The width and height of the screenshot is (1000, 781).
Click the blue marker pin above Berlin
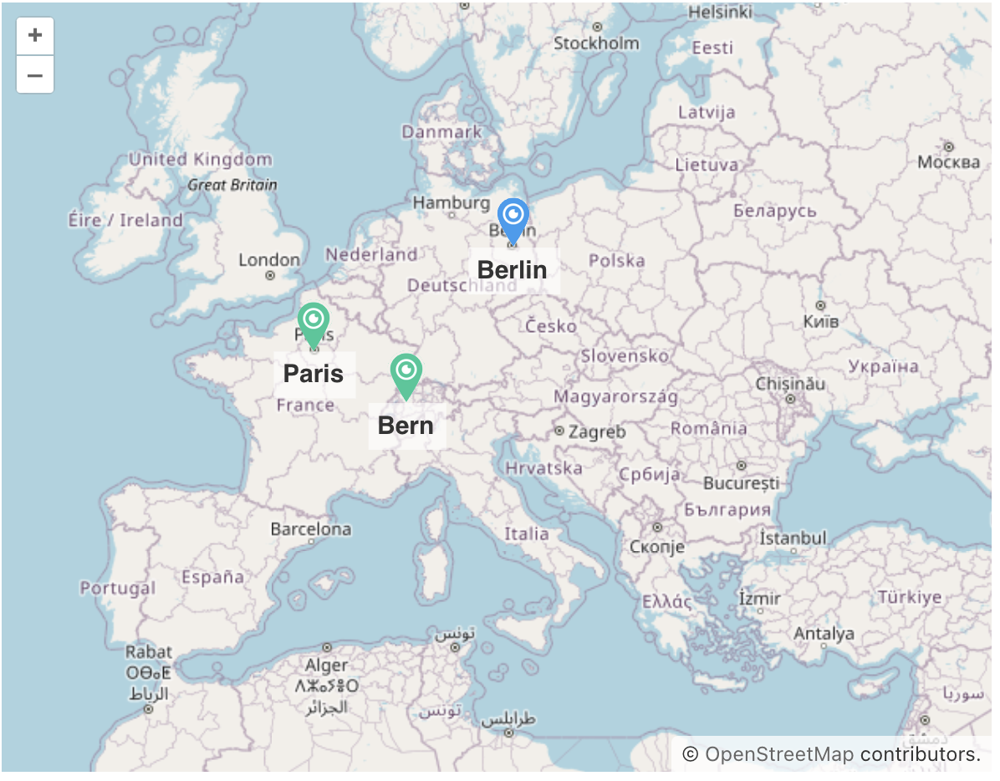[513, 217]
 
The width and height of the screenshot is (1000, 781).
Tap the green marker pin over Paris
[314, 321]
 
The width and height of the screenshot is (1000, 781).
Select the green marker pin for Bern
[406, 372]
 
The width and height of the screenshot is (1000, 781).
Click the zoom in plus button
[35, 36]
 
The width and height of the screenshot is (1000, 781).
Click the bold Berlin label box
[513, 270]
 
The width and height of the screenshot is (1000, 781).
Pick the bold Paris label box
[314, 374]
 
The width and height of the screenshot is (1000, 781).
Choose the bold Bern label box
[406, 426]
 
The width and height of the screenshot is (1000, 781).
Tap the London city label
[268, 260]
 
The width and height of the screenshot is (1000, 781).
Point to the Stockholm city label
[596, 43]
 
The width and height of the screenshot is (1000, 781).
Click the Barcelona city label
[311, 529]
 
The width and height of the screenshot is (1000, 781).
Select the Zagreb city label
[596, 432]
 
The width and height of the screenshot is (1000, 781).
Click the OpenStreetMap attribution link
[779, 754]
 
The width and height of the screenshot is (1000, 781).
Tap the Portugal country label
[118, 588]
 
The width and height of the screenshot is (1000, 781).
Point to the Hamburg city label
[451, 202]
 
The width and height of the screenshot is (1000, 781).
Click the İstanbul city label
[793, 539]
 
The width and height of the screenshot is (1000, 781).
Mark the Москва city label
[948, 161]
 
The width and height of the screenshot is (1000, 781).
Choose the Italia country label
[527, 533]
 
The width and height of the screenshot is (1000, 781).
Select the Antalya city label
[824, 633]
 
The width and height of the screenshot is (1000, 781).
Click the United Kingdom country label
[200, 159]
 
